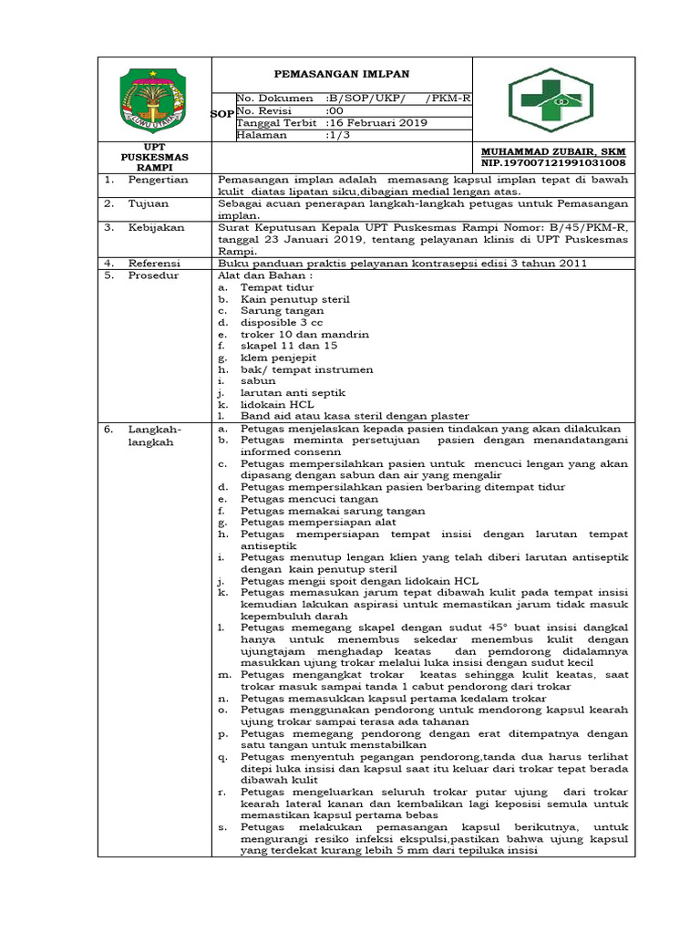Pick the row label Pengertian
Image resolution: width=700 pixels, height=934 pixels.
[x=157, y=180]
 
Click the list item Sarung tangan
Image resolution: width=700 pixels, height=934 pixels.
[x=282, y=310]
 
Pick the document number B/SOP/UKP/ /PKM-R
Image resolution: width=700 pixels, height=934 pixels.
[x=399, y=98]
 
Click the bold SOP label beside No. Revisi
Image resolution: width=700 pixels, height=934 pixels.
[x=221, y=115]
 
